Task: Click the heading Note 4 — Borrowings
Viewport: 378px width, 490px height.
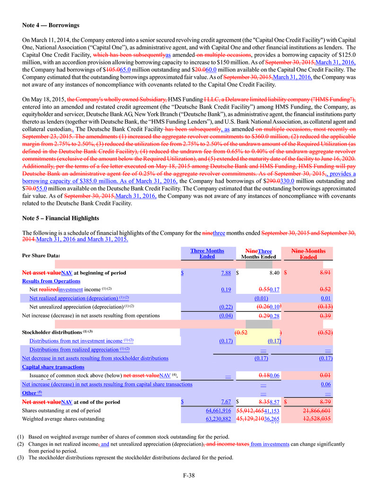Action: click(50, 25)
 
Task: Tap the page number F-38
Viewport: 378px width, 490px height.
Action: click(189, 475)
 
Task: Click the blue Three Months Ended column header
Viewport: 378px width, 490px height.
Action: click(207, 254)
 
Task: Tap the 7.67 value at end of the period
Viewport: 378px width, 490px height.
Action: click(226, 402)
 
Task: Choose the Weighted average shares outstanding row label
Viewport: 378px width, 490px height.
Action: click(63, 419)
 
